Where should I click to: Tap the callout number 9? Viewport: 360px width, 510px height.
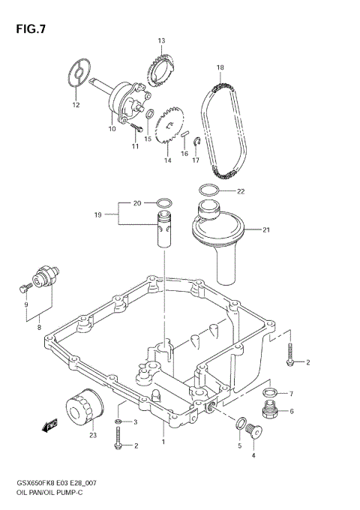point(25,304)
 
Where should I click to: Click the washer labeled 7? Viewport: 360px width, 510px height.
point(271,392)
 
